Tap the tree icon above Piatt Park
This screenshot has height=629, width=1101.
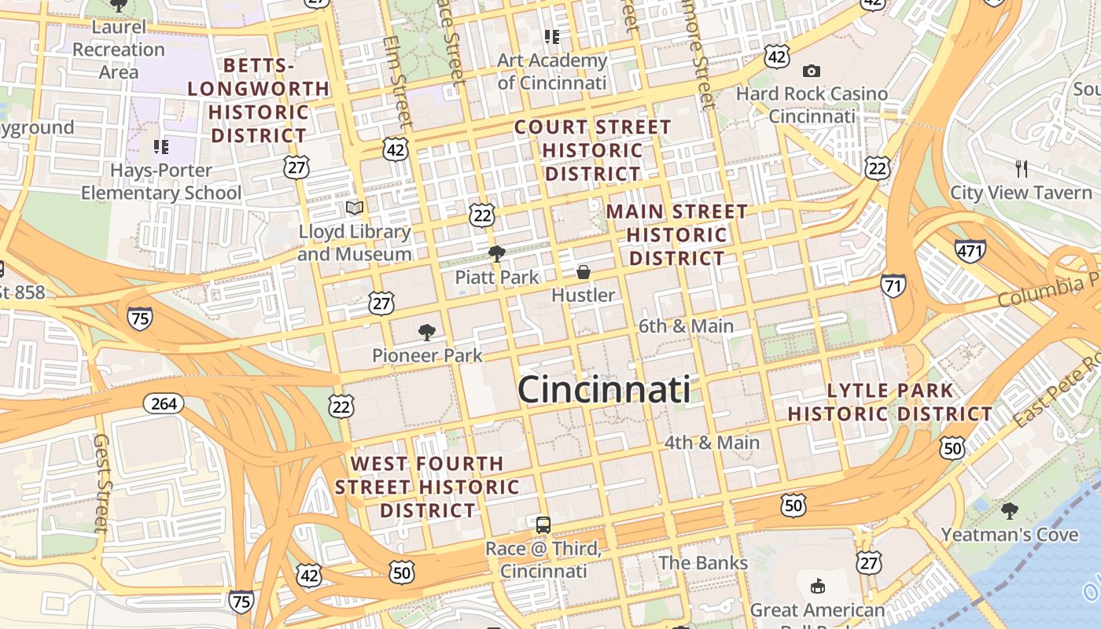tap(496, 253)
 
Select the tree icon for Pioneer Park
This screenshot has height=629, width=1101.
tap(427, 332)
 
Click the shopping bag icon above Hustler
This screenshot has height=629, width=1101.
tap(584, 272)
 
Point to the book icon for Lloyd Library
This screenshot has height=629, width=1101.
tap(355, 208)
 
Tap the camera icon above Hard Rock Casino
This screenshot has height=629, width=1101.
tap(812, 71)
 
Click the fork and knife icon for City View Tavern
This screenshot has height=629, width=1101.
tap(1022, 168)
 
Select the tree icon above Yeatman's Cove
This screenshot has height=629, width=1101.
tap(1010, 511)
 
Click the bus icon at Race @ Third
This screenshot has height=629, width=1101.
tap(543, 525)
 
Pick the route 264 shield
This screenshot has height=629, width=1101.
tap(164, 403)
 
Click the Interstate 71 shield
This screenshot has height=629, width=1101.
tap(893, 285)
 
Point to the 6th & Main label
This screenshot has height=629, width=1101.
tap(686, 326)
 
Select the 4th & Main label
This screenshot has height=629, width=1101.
tap(712, 443)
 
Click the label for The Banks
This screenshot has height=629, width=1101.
tap(703, 563)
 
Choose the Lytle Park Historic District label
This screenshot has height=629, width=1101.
tap(890, 402)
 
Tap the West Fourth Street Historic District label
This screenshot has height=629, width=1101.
tap(428, 487)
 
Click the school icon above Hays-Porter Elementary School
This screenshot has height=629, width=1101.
tap(161, 146)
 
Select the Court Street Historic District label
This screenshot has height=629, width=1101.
tap(593, 149)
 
